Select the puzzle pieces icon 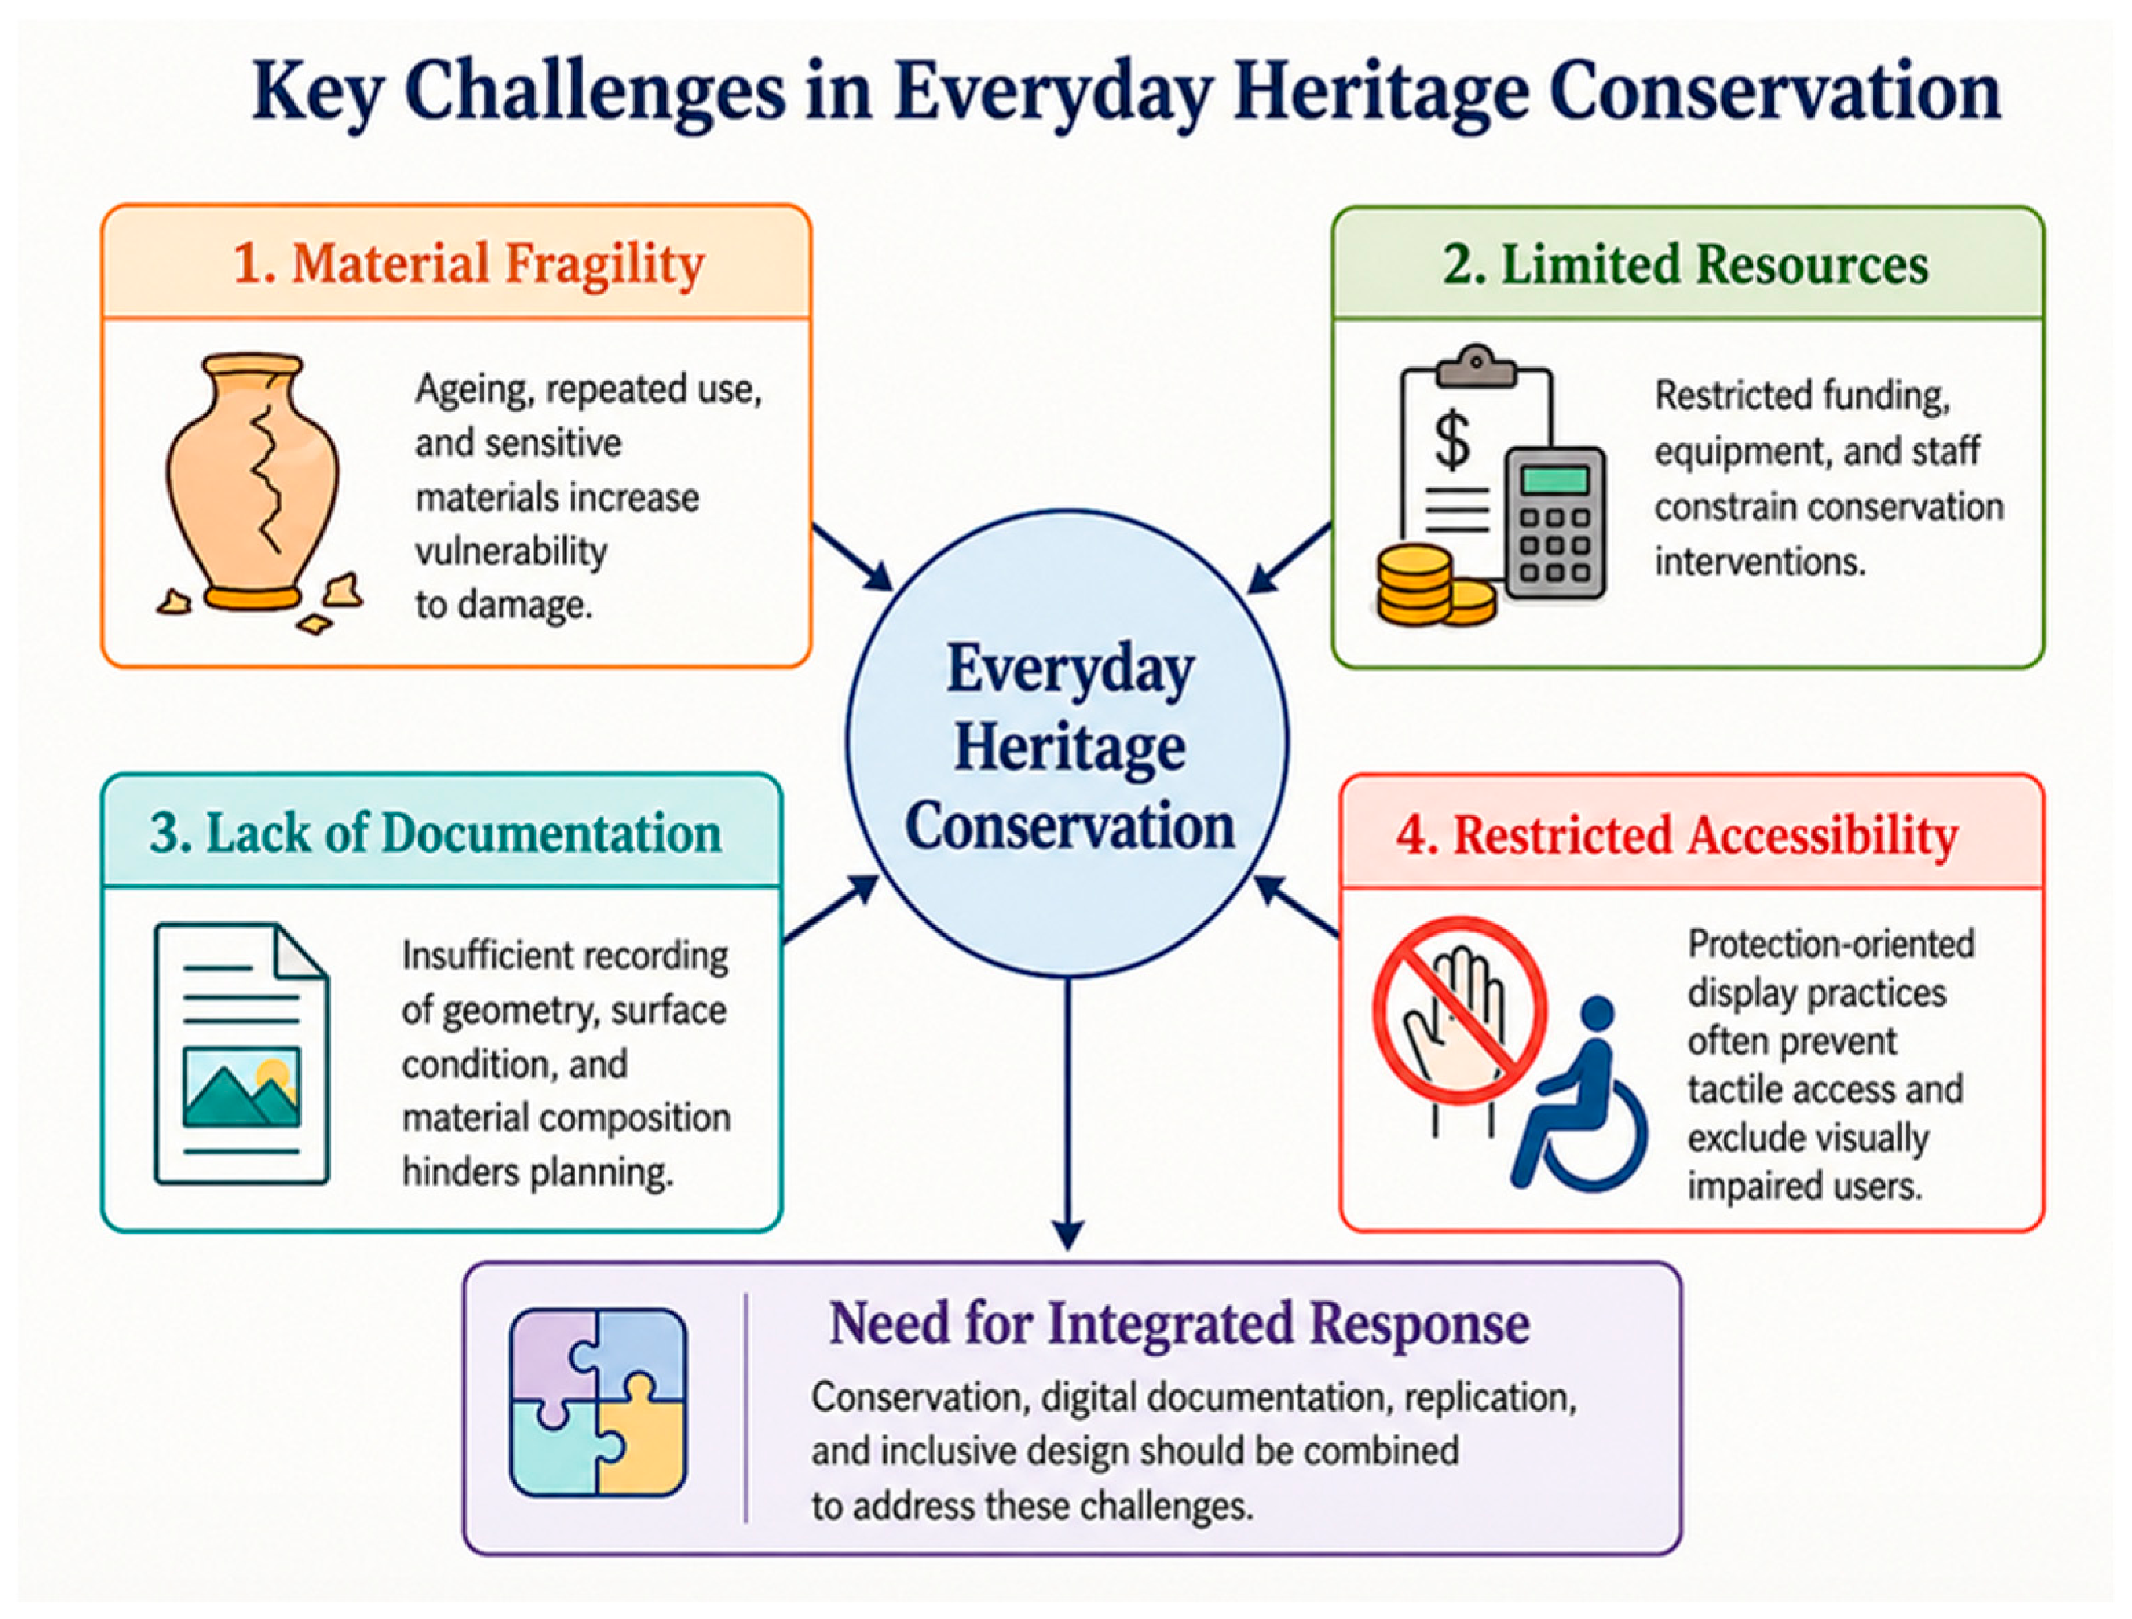click(599, 1402)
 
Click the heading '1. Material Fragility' click(469, 264)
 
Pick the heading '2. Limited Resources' click(1686, 264)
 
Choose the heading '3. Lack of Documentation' click(435, 833)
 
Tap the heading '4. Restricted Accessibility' click(1678, 834)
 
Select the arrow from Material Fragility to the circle click(853, 557)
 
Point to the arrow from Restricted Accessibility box click(1296, 906)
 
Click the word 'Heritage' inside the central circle click(1070, 748)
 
